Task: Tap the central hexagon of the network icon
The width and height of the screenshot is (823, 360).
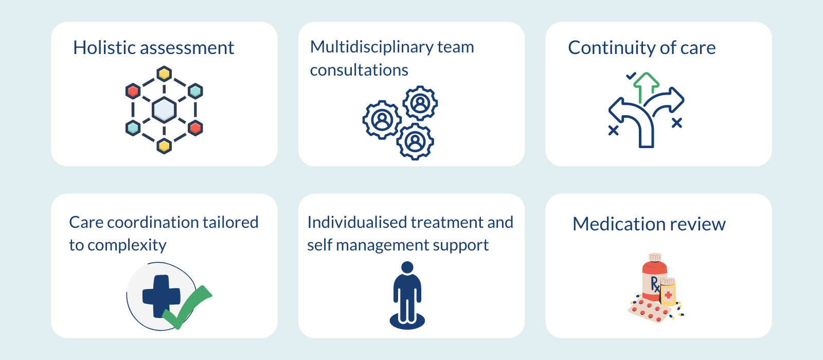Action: point(164,110)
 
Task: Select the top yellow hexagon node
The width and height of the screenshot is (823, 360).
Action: point(164,74)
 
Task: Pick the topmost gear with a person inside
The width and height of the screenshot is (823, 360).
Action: point(420,103)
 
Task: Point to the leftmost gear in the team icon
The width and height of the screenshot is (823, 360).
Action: point(382,120)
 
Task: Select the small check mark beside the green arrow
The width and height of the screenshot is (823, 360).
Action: point(631,76)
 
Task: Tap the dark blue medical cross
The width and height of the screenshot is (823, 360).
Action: point(161,296)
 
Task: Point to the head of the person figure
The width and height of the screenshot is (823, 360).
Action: point(407,268)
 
